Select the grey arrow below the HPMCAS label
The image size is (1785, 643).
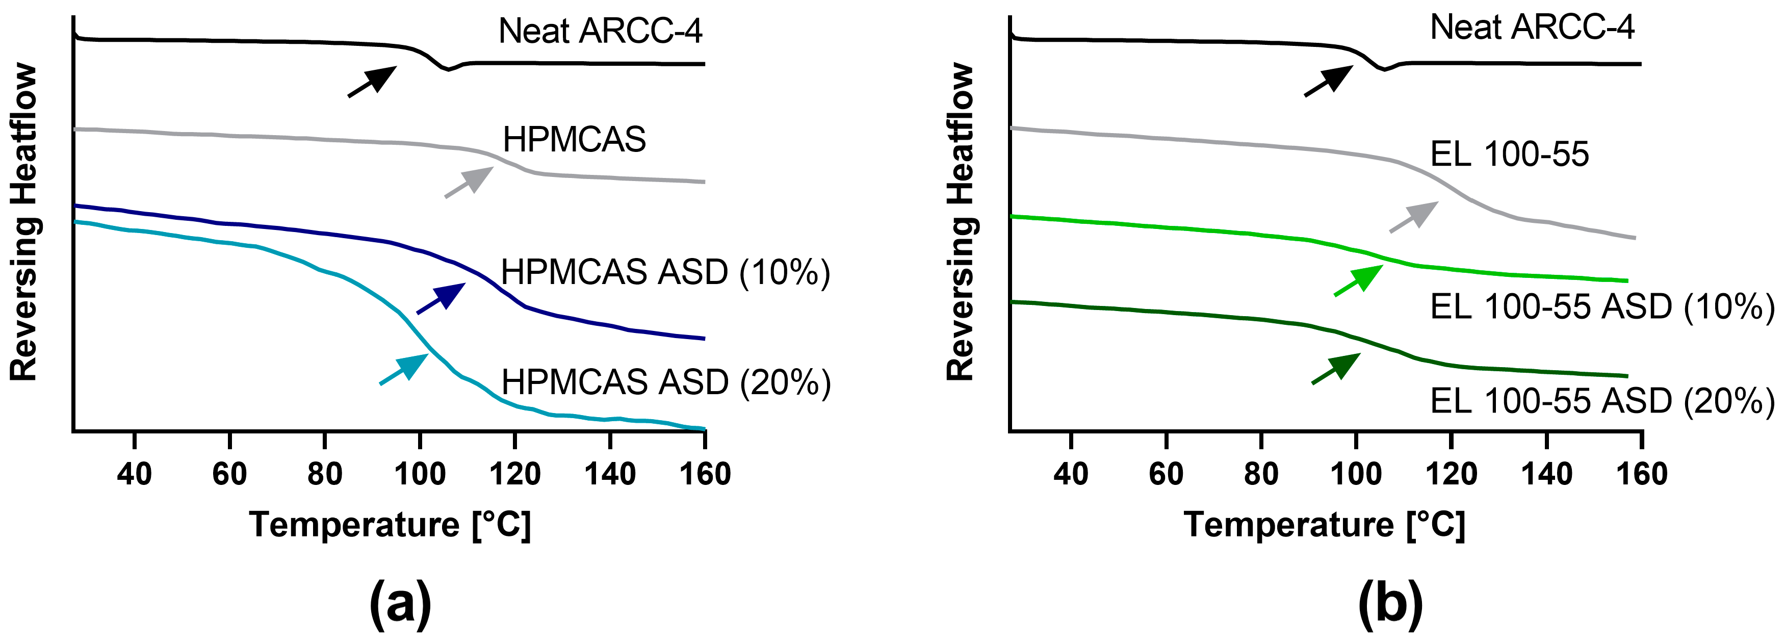(469, 182)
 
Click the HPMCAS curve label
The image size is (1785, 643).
(574, 139)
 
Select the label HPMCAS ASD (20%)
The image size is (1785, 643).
(665, 382)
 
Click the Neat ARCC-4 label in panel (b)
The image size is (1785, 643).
(1532, 28)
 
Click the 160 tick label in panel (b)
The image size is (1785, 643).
(1641, 475)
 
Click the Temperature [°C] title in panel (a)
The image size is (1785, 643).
(390, 525)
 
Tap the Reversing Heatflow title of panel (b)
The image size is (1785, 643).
(961, 222)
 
